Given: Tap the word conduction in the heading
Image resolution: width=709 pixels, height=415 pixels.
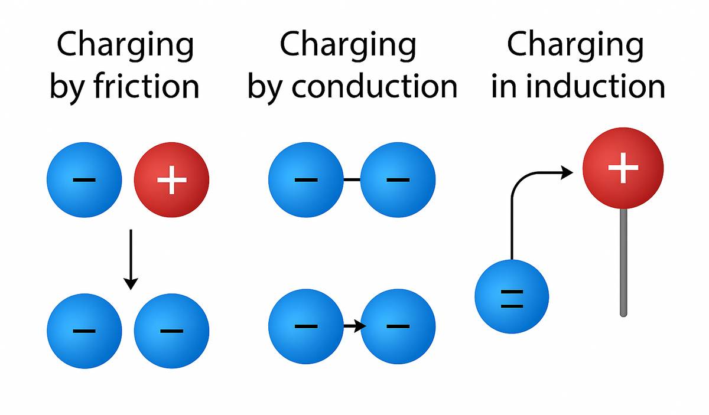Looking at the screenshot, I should (x=375, y=86).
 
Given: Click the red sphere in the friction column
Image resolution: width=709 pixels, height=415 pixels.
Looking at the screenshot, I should (x=171, y=179).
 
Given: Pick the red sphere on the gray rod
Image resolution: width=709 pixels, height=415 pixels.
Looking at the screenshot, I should (x=623, y=168).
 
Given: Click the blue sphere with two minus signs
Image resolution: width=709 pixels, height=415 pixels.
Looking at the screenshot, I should (x=512, y=296).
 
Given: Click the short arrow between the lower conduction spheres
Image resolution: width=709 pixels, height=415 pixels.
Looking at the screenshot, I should (x=352, y=325).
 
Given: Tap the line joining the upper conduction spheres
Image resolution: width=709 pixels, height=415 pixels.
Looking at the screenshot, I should (x=352, y=179).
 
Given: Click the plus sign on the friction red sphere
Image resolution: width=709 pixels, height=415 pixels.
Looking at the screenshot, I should (x=171, y=179).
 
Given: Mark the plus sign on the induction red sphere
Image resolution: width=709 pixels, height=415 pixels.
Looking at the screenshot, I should (x=623, y=167).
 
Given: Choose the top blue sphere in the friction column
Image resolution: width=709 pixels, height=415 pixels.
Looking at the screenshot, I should (x=84, y=179).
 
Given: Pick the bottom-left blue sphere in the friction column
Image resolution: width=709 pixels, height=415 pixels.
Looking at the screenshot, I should (x=84, y=330).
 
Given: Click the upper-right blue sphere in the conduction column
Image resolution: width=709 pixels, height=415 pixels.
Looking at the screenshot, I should (x=398, y=179).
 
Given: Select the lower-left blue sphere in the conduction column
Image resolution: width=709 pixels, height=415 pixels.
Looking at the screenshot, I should (x=305, y=325).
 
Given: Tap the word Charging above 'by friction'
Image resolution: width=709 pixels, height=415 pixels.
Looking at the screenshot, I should (x=125, y=45).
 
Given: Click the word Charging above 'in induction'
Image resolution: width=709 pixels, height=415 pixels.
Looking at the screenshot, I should (x=575, y=45).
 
